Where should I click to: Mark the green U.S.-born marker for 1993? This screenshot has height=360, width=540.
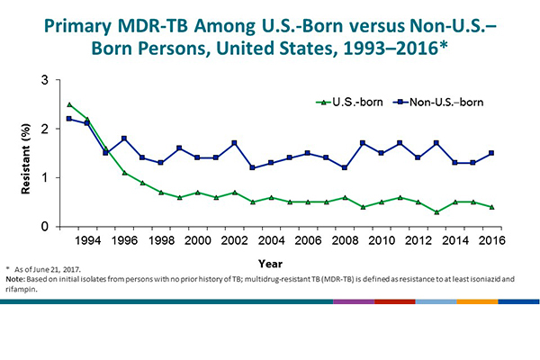pyautogui.click(x=69, y=105)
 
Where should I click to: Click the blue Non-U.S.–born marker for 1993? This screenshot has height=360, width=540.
pyautogui.click(x=69, y=119)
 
